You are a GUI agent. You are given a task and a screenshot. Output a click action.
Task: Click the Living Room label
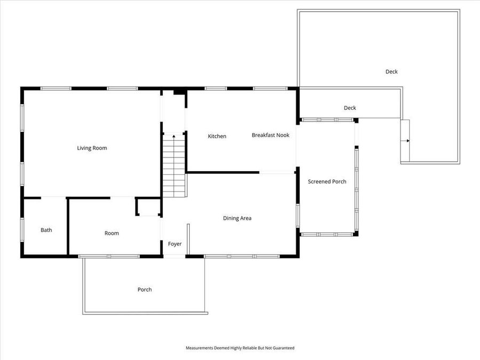pyautogui.click(x=92, y=148)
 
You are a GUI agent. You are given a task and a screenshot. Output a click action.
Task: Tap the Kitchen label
pyautogui.click(x=217, y=136)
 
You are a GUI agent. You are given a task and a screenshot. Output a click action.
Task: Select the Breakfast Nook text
pyautogui.click(x=270, y=135)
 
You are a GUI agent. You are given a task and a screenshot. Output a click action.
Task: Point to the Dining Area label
pyautogui.click(x=237, y=218)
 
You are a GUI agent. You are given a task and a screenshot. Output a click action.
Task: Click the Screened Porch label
pyautogui.click(x=327, y=181)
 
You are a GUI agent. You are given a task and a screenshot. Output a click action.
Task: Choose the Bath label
pyautogui.click(x=46, y=230)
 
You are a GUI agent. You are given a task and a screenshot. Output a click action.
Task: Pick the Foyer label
pyautogui.click(x=174, y=244)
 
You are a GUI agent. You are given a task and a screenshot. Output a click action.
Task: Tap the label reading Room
pyautogui.click(x=111, y=233)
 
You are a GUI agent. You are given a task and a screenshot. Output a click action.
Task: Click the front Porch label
pyautogui.click(x=145, y=290)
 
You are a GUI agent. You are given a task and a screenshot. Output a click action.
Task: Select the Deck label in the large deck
pyautogui.click(x=391, y=71)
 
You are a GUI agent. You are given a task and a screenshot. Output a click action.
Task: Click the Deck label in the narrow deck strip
pyautogui.click(x=349, y=108)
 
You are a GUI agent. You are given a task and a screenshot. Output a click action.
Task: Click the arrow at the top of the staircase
pyautogui.click(x=173, y=137)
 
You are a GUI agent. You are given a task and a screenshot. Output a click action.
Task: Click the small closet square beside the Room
pyautogui.click(x=148, y=207)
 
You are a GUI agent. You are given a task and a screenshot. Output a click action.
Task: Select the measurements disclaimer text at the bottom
pyautogui.click(x=239, y=348)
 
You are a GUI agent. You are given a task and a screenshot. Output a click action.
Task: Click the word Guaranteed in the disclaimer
pyautogui.click(x=283, y=348)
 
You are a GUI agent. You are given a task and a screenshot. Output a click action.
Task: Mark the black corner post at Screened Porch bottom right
pyautogui.click(x=356, y=234)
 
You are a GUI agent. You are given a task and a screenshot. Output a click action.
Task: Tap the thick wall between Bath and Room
pyautogui.click(x=68, y=227)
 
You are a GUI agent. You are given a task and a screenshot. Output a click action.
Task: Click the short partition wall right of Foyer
pyautogui.click(x=188, y=239)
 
